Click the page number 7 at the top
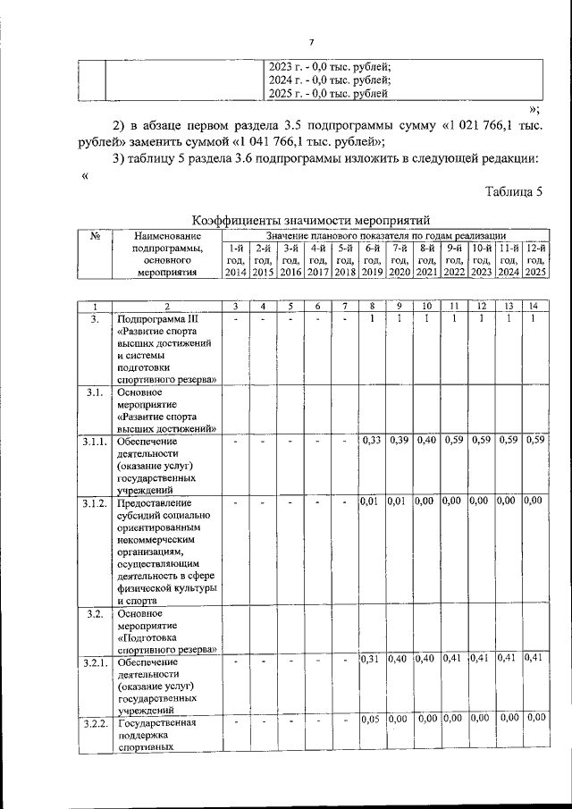(x=312, y=42)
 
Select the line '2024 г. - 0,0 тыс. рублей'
(x=330, y=80)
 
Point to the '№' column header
(x=95, y=236)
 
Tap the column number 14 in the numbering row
(x=534, y=306)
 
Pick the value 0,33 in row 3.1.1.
(x=372, y=440)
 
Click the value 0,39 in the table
(x=400, y=440)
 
